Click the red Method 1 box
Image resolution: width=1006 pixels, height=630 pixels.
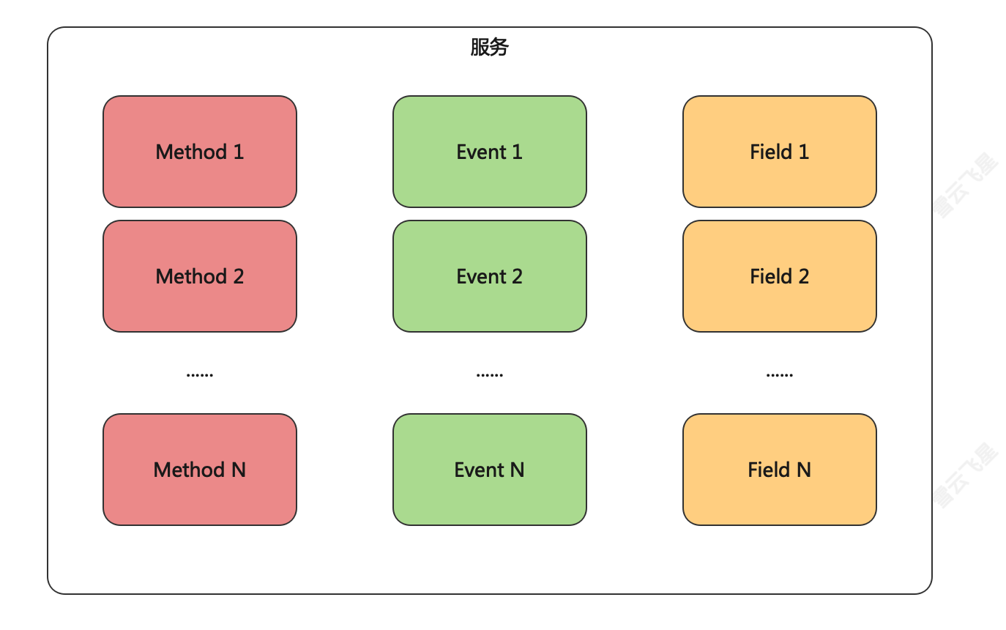199,152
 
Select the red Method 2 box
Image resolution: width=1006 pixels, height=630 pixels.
199,276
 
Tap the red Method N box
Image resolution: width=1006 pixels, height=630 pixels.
199,470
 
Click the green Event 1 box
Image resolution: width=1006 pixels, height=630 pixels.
489,152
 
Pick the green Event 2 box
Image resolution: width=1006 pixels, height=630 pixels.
489,276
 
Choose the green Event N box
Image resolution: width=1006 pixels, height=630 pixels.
489,470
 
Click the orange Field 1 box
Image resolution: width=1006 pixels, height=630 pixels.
779,152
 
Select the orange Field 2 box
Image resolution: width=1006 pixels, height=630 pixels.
779,276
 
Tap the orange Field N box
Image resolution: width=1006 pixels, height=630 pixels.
779,470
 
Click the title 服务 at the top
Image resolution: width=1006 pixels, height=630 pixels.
489,48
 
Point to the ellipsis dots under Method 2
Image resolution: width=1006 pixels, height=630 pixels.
199,374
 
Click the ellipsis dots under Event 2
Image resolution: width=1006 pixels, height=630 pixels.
489,374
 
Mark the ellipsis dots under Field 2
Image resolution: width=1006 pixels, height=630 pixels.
779,374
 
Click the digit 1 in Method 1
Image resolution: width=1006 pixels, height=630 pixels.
238,152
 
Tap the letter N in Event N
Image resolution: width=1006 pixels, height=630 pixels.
517,470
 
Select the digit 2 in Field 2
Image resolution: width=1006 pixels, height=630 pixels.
803,276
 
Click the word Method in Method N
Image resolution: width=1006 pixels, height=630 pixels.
189,470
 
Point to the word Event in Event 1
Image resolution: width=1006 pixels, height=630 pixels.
481,152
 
